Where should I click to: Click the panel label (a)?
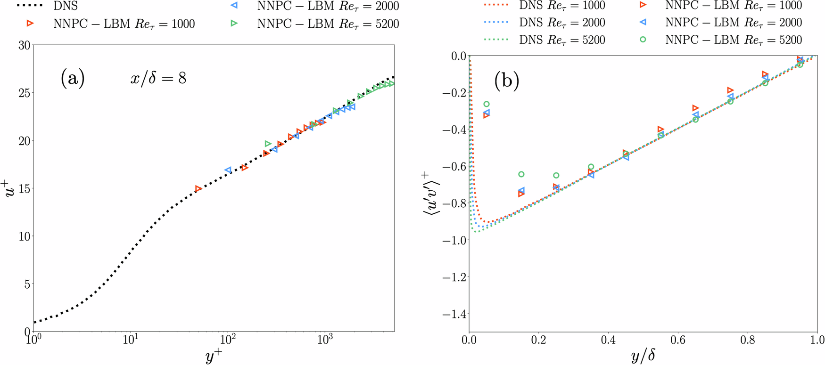[x=72, y=78]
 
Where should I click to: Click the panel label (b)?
[x=507, y=81]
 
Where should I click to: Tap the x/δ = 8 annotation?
[x=158, y=78]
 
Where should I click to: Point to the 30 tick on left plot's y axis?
[x=24, y=45]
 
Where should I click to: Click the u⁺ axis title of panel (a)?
[x=11, y=188]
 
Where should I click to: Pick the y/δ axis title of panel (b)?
[x=643, y=356]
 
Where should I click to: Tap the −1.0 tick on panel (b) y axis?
[x=454, y=240]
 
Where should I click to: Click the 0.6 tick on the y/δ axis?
[x=678, y=340]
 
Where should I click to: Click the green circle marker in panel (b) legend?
[x=643, y=40]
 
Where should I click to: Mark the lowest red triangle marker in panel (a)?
[x=198, y=189]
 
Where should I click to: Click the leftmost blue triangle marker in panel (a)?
[x=228, y=170]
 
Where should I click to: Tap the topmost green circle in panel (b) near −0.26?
[x=487, y=104]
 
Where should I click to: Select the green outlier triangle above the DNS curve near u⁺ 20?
[x=268, y=144]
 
